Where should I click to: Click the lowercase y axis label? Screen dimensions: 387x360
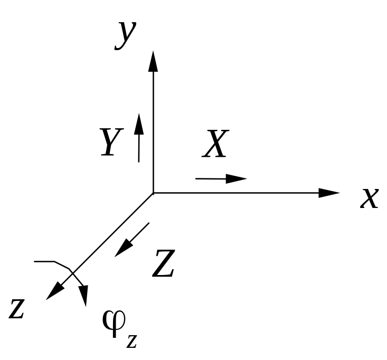[x=125, y=36]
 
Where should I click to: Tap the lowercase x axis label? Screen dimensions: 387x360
[x=369, y=198]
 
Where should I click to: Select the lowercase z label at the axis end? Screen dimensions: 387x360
[x=16, y=308]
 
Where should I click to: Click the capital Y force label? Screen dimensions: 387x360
[x=111, y=142]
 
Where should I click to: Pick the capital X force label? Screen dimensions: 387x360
[x=215, y=144]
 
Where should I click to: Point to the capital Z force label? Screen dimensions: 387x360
[x=163, y=263]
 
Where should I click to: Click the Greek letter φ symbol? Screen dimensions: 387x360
[x=114, y=324]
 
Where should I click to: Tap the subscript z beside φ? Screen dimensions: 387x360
[x=131, y=342]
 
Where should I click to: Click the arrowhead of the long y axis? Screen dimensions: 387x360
[x=153, y=61]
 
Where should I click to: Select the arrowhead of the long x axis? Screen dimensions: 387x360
[x=329, y=193]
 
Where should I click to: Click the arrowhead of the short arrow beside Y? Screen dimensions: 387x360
[x=139, y=124]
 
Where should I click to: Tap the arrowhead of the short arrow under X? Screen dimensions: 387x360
[x=237, y=178]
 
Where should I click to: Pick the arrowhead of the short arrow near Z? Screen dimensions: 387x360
[x=124, y=248]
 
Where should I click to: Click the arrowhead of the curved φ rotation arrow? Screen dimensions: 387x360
[x=83, y=296]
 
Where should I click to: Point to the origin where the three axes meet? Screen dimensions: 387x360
[x=153, y=193]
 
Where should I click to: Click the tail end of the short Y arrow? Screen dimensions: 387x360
[x=139, y=162]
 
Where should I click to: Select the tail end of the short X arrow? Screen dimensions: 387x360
[x=196, y=178]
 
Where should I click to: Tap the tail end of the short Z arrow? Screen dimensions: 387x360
[x=149, y=223]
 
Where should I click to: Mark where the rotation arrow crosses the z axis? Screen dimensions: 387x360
[x=72, y=271]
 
